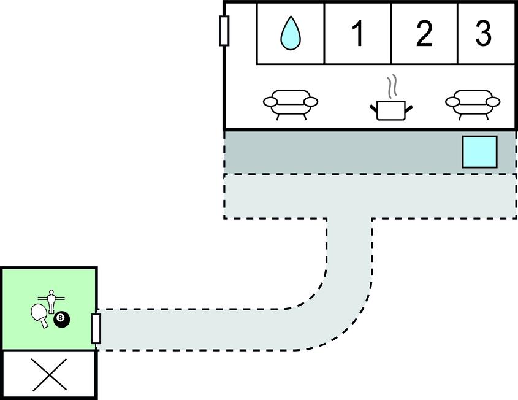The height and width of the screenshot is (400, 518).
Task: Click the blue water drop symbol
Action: (289, 33)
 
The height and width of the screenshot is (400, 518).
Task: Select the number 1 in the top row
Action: (358, 34)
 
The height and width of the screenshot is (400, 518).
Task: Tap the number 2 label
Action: (424, 34)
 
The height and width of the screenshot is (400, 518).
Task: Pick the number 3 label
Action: (484, 34)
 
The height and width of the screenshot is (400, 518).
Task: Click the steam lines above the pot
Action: (391, 86)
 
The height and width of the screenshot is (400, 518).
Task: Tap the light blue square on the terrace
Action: (479, 152)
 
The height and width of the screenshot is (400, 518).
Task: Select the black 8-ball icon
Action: (62, 319)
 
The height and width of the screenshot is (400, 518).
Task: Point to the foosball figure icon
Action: (51, 302)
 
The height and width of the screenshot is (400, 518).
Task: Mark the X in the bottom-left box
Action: (49, 375)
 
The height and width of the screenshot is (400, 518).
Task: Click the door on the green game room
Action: (96, 328)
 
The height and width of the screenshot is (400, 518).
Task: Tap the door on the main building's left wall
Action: (224, 31)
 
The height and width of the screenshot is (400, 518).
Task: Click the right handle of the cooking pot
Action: (408, 109)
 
